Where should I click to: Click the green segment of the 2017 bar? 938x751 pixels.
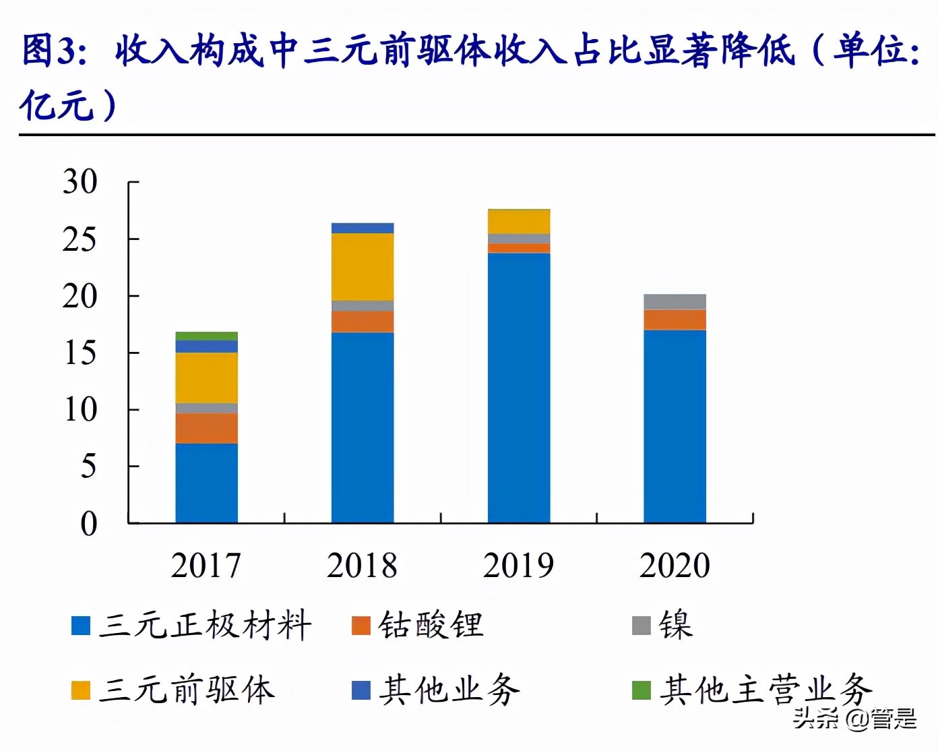pyautogui.click(x=206, y=336)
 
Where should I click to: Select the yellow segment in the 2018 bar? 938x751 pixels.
pyautogui.click(x=363, y=267)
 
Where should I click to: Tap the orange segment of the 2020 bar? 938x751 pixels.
pyautogui.click(x=675, y=320)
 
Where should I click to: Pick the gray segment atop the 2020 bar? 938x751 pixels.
pyautogui.click(x=675, y=301)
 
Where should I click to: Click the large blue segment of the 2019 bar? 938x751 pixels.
pyautogui.click(x=519, y=388)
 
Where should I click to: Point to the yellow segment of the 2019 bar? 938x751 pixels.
pyautogui.click(x=519, y=222)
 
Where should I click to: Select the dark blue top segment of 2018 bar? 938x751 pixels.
pyautogui.click(x=363, y=228)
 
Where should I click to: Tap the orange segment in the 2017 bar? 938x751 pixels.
pyautogui.click(x=206, y=428)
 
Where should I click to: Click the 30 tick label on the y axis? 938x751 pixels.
pyautogui.click(x=80, y=182)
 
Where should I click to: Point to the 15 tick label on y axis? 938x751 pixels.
pyautogui.click(x=80, y=353)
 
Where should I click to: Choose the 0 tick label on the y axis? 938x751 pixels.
pyautogui.click(x=88, y=524)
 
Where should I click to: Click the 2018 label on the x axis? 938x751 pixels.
pyautogui.click(x=363, y=565)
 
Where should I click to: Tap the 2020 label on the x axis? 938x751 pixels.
pyautogui.click(x=675, y=565)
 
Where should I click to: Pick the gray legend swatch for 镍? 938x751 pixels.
pyautogui.click(x=642, y=626)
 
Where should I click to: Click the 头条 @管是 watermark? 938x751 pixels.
pyautogui.click(x=854, y=719)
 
